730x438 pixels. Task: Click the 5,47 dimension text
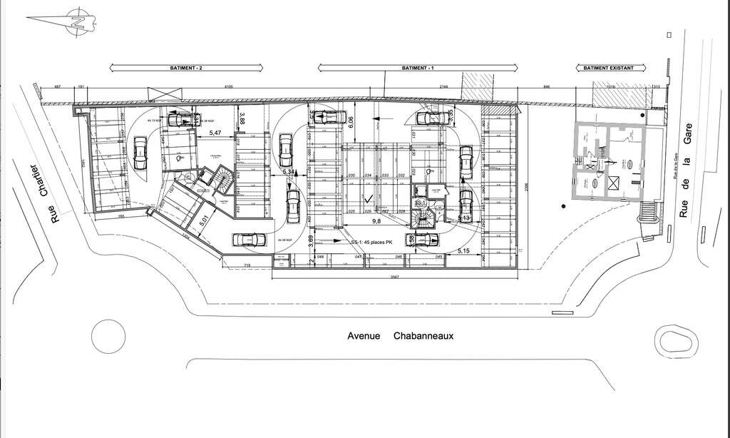tap(215, 133)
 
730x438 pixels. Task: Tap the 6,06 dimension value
tap(352, 122)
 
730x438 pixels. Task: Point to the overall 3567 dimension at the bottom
tap(390, 277)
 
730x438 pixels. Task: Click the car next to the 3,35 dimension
tap(430, 117)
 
